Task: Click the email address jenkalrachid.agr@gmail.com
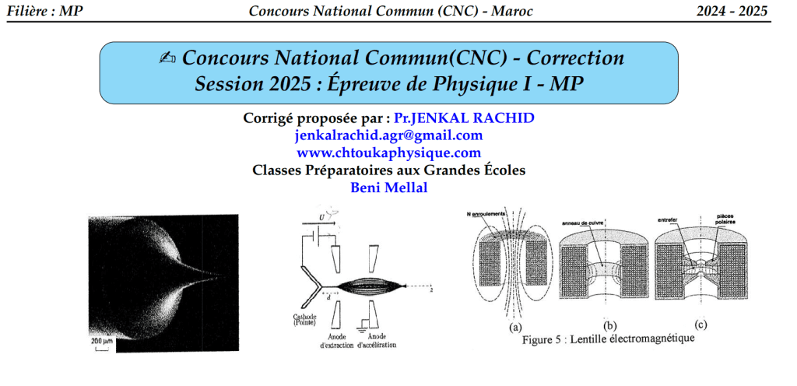click(x=388, y=135)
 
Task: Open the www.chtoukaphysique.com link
click(x=388, y=153)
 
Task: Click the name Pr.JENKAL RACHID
click(x=464, y=118)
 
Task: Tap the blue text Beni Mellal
click(x=389, y=188)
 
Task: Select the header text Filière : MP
click(x=44, y=11)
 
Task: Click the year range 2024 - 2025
click(x=732, y=11)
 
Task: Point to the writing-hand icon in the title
click(x=167, y=59)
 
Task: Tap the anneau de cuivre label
click(x=583, y=223)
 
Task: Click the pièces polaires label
click(x=726, y=219)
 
